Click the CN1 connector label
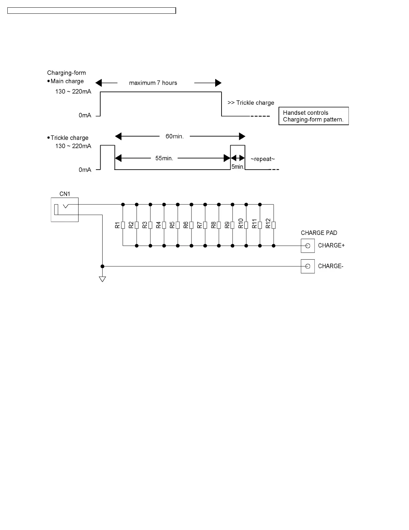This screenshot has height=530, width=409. click(64, 194)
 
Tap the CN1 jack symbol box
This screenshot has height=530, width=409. click(64, 209)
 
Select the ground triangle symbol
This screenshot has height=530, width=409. click(103, 279)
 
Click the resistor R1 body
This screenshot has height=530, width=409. click(123, 225)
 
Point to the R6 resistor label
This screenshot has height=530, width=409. click(186, 225)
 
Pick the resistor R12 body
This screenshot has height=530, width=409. click(274, 225)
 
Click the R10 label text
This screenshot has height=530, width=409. click(241, 224)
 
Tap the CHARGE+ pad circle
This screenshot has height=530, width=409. click(308, 246)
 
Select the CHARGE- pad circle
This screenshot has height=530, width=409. click(308, 266)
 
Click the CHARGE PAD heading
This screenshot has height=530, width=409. click(319, 233)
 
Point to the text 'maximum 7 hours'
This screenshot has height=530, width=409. click(153, 83)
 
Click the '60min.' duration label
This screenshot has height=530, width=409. click(174, 137)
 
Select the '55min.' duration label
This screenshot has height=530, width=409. click(164, 158)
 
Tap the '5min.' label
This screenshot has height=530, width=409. click(238, 166)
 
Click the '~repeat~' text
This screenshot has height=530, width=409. click(263, 159)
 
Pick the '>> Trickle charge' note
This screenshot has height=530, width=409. click(251, 103)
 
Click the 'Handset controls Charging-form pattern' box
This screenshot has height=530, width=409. click(313, 116)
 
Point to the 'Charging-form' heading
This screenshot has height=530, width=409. click(66, 73)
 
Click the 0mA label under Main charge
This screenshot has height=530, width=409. click(85, 115)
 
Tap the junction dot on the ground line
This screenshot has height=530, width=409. click(103, 266)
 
